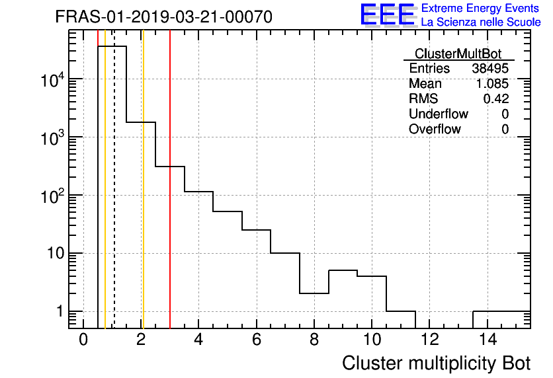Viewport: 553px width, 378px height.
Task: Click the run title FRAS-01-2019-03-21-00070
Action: [x=163, y=17]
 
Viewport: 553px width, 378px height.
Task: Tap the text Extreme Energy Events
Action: [x=481, y=9]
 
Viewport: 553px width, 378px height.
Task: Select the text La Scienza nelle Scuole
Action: [x=481, y=22]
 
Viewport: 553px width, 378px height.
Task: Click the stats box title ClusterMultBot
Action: [x=458, y=54]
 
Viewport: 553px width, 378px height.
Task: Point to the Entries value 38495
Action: [x=490, y=69]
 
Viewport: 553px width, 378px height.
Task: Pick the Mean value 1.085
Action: [x=493, y=84]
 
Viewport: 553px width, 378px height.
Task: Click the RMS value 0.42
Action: [x=495, y=99]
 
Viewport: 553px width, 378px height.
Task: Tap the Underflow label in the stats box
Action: [x=439, y=114]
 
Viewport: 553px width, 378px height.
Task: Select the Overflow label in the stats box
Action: [x=435, y=130]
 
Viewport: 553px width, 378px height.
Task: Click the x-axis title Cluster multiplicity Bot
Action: [x=436, y=363]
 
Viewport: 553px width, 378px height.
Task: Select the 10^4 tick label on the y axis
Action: [x=52, y=81]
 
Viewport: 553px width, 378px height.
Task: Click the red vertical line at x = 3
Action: [x=170, y=198]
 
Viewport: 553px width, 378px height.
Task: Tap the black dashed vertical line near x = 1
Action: [x=114, y=198]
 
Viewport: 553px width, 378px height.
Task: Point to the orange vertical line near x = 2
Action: [x=143, y=198]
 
